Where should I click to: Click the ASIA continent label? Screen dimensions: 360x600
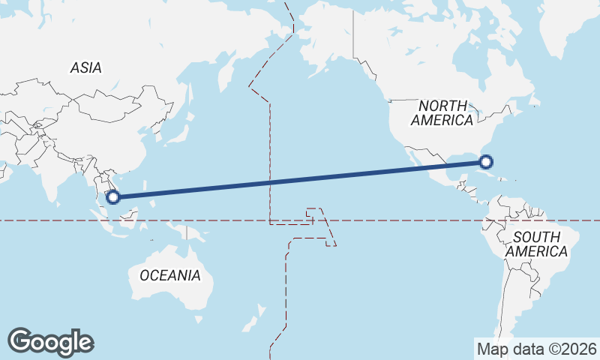click(86, 67)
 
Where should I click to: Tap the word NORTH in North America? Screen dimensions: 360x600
click(442, 106)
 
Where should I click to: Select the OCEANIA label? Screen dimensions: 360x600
click(170, 275)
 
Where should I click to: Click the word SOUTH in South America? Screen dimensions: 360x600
click(535, 237)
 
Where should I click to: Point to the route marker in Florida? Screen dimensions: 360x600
click(486, 161)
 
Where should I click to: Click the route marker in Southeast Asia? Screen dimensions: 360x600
click(113, 197)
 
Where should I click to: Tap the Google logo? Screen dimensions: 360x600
click(50, 341)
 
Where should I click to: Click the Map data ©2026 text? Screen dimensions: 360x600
click(537, 349)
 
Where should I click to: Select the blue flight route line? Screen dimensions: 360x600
click(300, 179)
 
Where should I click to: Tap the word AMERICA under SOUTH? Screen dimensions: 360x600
click(536, 252)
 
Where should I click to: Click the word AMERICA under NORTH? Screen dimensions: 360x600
click(442, 120)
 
